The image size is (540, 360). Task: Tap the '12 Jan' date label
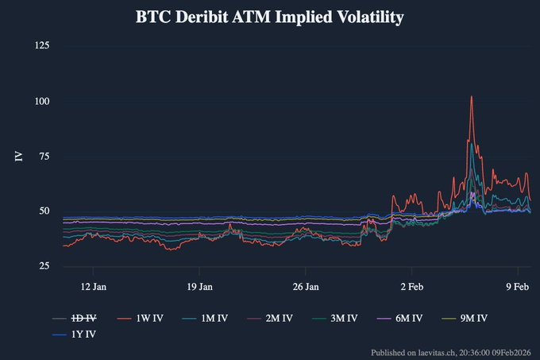click(94, 286)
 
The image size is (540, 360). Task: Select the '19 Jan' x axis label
click(199, 286)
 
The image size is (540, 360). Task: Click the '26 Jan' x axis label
click(306, 286)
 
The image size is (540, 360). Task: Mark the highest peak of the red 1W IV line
click(472, 97)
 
